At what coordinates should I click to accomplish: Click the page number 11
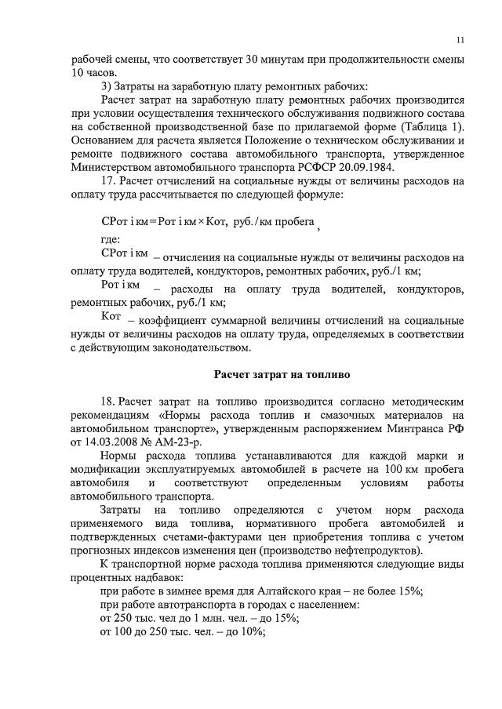(460, 40)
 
